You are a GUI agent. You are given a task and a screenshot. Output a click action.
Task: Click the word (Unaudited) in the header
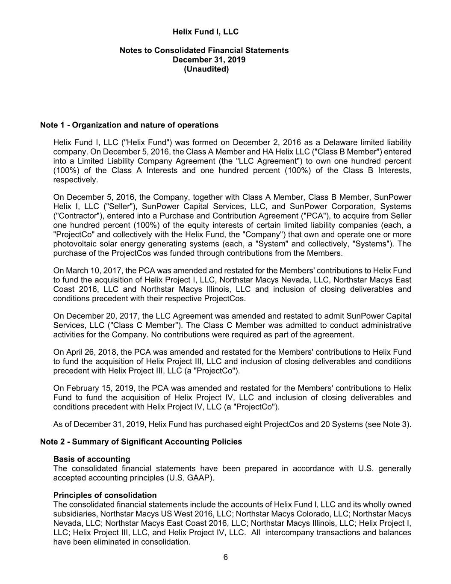206,69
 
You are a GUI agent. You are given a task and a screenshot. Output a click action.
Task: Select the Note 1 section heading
129,125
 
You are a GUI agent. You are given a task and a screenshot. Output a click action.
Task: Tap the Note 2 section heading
141,442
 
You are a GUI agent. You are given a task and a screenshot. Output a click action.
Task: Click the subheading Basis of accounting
91,459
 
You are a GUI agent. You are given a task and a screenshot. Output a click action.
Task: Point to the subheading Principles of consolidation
105,495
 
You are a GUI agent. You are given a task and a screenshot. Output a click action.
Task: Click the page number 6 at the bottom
225,557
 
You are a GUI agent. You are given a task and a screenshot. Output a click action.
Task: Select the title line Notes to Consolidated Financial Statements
204,50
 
